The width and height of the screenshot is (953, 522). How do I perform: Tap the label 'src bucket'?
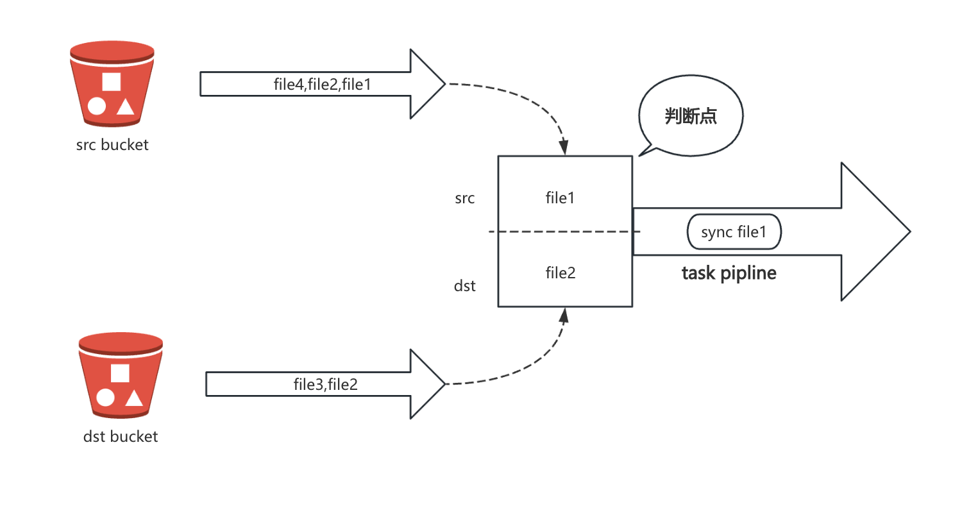click(x=112, y=145)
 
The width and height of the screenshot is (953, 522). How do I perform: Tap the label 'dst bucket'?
click(x=121, y=437)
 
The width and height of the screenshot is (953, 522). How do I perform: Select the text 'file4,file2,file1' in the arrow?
click(x=322, y=84)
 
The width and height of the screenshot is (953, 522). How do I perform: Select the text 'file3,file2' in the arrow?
click(x=325, y=384)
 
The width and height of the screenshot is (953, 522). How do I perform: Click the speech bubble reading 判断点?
click(x=691, y=116)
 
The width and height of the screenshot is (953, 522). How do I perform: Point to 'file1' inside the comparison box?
click(x=560, y=198)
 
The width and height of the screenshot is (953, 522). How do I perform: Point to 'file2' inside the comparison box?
click(x=560, y=273)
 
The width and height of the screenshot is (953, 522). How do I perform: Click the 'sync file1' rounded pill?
click(x=734, y=232)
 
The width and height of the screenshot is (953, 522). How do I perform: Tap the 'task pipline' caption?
click(x=729, y=273)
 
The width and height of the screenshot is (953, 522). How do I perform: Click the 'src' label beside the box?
click(x=464, y=198)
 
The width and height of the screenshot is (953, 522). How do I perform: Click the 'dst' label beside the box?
click(x=464, y=286)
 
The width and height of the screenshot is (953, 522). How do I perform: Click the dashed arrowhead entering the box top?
click(x=564, y=147)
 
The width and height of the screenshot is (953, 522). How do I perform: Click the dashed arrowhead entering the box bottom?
click(x=564, y=316)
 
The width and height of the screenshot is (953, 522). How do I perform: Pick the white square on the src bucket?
click(x=112, y=81)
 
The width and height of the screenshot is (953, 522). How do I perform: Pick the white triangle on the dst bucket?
click(x=134, y=398)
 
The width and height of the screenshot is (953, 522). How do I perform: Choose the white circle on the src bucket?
click(x=97, y=106)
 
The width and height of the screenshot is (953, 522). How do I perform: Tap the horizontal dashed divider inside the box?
click(x=564, y=232)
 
